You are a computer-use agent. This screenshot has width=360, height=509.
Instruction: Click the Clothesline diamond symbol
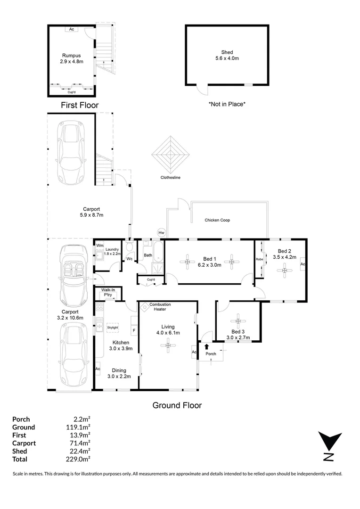(x=171, y=155)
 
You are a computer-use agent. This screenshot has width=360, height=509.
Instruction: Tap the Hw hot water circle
(x=161, y=232)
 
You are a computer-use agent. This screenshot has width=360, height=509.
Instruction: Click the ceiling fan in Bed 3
(x=238, y=321)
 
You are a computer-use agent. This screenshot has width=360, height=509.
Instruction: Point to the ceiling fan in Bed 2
(x=285, y=270)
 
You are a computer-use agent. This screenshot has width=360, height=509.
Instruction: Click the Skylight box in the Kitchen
(x=112, y=328)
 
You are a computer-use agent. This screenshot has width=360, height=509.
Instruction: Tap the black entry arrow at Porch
(x=207, y=347)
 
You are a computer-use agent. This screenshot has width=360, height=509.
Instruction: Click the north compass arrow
(x=330, y=442)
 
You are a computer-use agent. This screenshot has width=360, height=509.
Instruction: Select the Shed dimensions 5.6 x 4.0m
(x=227, y=58)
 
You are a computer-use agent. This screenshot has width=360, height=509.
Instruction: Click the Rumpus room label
(x=72, y=56)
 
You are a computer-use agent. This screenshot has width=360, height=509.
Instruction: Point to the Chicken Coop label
(x=217, y=220)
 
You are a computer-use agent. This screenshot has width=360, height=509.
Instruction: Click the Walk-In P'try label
(x=108, y=293)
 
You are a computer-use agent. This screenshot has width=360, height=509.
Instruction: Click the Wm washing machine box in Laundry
(x=99, y=246)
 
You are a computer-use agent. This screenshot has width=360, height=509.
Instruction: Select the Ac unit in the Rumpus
(x=72, y=29)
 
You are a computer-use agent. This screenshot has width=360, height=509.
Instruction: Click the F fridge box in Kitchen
(x=134, y=330)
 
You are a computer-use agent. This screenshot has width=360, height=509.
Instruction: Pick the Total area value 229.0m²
(x=78, y=459)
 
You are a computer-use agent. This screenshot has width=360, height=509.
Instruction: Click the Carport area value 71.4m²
(x=80, y=443)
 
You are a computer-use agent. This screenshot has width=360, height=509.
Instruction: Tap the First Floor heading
(x=80, y=105)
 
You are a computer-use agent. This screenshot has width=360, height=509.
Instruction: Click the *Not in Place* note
(x=227, y=104)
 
